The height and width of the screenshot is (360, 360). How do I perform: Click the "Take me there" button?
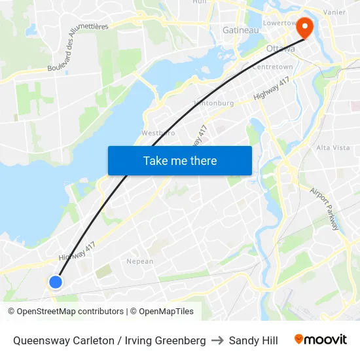point(180,160)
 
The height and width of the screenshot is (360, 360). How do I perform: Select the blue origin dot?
point(56,281)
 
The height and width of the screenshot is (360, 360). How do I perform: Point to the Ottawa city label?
point(281,49)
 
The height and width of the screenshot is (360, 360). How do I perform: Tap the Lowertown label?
point(280,22)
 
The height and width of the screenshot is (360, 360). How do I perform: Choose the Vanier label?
point(334,12)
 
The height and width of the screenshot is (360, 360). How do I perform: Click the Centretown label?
point(272,67)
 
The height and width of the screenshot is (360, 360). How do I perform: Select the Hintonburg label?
point(214,103)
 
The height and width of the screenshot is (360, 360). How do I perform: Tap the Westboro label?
point(158,133)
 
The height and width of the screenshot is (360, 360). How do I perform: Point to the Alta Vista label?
point(333,148)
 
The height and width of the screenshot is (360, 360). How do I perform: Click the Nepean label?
point(139,261)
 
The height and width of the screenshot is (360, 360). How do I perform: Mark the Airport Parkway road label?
point(325,209)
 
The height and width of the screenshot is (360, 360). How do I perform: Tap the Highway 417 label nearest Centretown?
point(271,88)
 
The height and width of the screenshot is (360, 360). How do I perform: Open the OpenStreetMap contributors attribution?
point(65,312)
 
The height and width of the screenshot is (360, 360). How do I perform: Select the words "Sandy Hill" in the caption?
point(253,340)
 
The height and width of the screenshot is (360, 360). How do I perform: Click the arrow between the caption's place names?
point(217,340)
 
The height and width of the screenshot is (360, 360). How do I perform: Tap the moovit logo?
point(321,340)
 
